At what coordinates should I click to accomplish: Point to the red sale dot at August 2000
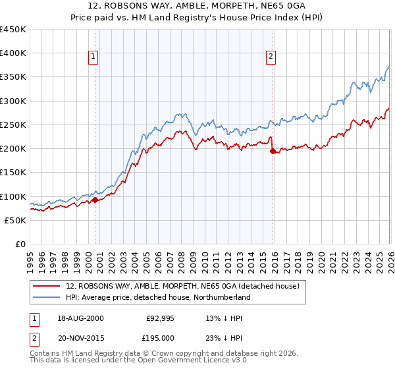[x=95, y=200]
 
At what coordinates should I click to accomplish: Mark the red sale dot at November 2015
[x=273, y=151]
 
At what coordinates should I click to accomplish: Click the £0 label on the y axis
[x=20, y=244]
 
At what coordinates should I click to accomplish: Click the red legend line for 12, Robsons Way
[x=48, y=286]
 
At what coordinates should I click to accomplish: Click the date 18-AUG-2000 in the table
[x=80, y=318]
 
